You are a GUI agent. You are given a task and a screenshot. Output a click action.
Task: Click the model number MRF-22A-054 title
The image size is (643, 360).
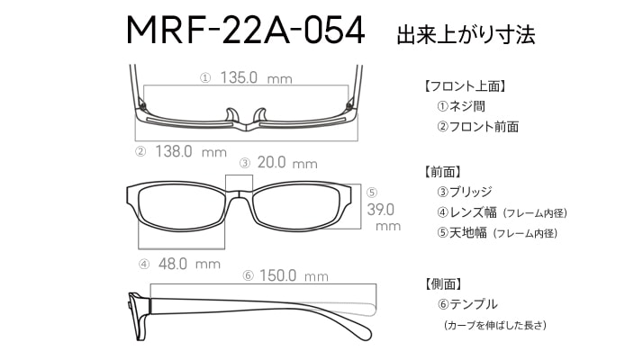click(245, 30)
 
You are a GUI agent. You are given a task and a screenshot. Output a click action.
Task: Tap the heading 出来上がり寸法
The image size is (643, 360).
click(466, 34)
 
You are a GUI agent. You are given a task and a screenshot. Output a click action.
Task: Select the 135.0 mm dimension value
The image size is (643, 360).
click(256, 77)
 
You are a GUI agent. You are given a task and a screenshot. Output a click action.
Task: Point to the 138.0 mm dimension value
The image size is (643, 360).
click(191, 152)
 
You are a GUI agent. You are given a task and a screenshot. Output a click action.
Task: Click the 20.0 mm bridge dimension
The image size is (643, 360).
click(287, 163)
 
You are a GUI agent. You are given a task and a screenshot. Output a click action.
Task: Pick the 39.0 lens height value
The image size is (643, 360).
click(380, 210)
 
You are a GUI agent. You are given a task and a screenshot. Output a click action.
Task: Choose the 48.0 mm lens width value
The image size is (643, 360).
click(189, 264)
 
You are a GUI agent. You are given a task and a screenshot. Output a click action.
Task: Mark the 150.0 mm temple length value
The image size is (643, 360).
click(294, 275)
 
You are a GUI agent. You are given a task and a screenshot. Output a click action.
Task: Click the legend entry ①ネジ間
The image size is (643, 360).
click(461, 106)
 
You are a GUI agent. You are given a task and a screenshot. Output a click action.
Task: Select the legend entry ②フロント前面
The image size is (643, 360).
click(477, 127)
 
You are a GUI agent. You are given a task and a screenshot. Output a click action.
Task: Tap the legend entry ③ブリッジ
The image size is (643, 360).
click(464, 192)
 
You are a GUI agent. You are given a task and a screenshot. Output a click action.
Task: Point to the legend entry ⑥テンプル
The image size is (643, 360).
click(467, 304)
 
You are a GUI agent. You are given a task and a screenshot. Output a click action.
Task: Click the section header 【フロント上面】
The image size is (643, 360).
click(465, 86)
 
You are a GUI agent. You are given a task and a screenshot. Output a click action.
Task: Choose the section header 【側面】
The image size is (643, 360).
click(442, 283)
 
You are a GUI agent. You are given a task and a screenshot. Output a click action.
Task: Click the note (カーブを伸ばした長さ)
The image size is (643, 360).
click(495, 326)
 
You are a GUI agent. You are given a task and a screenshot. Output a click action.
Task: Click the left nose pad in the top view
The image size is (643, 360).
click(231, 115)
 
